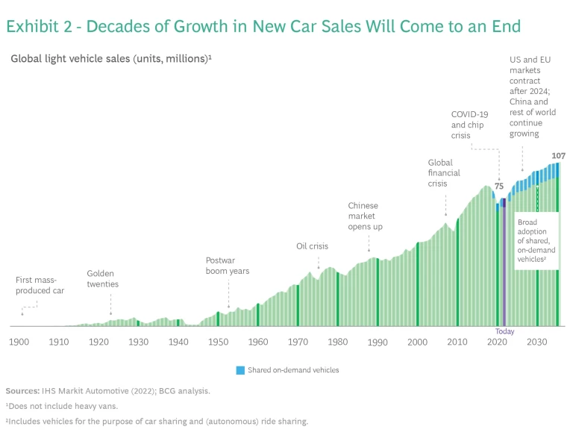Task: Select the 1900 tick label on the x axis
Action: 19,342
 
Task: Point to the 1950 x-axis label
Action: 218,342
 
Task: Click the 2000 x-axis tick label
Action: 418,342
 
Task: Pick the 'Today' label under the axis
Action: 504,331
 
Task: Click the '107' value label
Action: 558,156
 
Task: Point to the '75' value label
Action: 499,187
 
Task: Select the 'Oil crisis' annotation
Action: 312,246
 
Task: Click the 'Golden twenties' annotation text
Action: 102,279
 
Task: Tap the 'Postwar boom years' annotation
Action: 227,266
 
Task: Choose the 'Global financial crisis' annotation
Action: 444,172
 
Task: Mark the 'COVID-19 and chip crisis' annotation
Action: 469,125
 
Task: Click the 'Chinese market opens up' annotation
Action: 365,216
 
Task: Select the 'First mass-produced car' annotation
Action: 40,285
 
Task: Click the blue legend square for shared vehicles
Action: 240,370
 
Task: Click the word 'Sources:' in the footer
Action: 23,390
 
